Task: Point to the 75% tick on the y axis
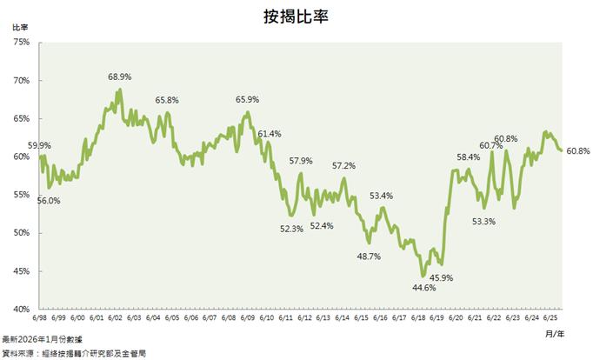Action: click(x=23, y=43)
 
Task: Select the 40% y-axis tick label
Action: click(x=23, y=309)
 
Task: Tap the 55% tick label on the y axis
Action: click(x=23, y=195)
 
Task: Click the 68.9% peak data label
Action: click(x=119, y=77)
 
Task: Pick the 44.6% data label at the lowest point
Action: click(x=423, y=287)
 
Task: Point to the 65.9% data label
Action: click(x=248, y=100)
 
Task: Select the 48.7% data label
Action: click(x=370, y=256)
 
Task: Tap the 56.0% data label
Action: click(x=49, y=201)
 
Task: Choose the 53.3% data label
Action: click(x=483, y=222)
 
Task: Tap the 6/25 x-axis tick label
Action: click(x=550, y=317)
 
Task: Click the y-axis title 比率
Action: click(x=20, y=27)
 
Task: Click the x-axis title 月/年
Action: click(x=553, y=332)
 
